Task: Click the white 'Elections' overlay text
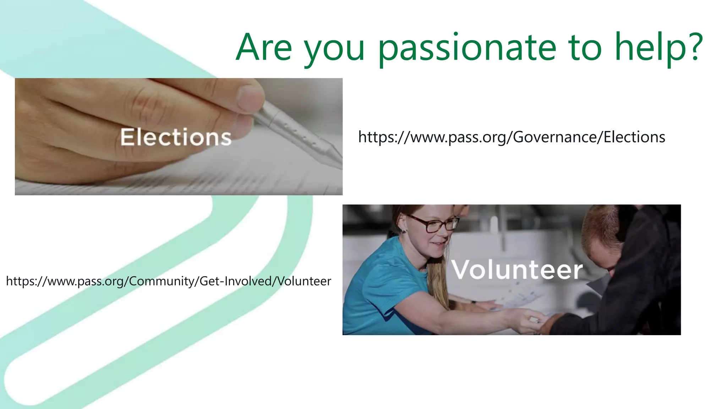click(x=176, y=137)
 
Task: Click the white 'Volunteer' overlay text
click(x=517, y=270)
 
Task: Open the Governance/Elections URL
click(x=511, y=137)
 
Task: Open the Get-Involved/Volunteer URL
click(x=168, y=281)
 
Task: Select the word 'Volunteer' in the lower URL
click(x=304, y=281)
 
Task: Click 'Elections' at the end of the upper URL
click(x=634, y=137)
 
